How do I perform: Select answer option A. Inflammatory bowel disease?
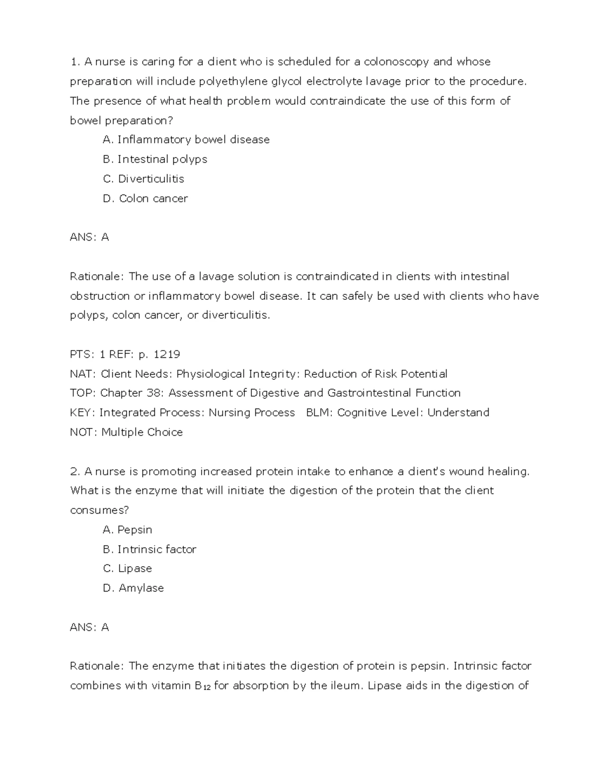point(186,140)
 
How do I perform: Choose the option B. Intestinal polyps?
point(154,159)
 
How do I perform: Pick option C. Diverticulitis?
point(143,178)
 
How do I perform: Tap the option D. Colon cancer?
point(145,198)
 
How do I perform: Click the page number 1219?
point(167,354)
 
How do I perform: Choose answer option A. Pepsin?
point(127,530)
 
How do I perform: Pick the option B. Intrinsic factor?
point(149,549)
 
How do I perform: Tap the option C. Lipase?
point(127,569)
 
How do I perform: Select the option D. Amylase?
point(133,588)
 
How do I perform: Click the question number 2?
point(74,471)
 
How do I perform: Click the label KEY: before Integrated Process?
point(83,413)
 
